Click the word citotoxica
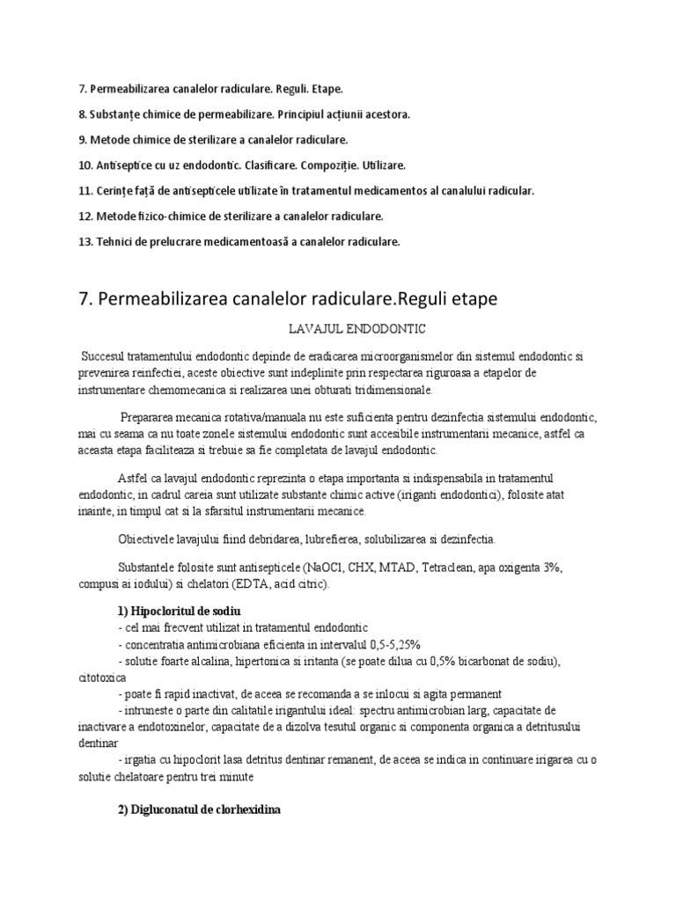[x=102, y=678]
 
